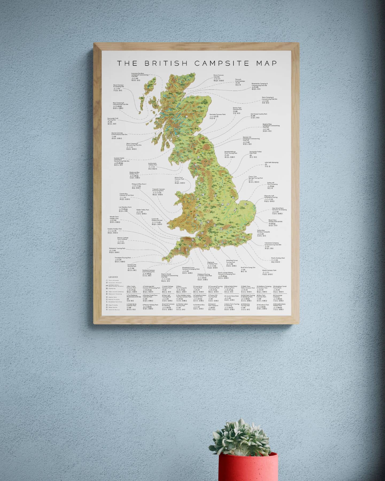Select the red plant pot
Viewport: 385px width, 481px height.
(x=248, y=467)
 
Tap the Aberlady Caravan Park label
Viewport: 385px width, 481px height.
(x=217, y=114)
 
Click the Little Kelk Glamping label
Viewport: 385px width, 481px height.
(x=271, y=162)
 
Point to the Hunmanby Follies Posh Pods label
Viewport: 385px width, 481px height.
(x=255, y=153)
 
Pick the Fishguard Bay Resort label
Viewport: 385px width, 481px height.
(x=139, y=184)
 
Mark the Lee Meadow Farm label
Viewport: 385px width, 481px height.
(x=125, y=207)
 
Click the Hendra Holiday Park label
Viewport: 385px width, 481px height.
(x=115, y=229)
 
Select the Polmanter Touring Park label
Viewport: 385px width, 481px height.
(x=117, y=249)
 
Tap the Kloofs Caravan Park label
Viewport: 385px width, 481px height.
(x=269, y=270)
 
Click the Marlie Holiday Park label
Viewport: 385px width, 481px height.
(x=278, y=258)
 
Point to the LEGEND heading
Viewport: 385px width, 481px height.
(x=113, y=277)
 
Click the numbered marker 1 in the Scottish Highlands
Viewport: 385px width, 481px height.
(x=186, y=117)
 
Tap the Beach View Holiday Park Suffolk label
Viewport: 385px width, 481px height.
(x=275, y=221)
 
